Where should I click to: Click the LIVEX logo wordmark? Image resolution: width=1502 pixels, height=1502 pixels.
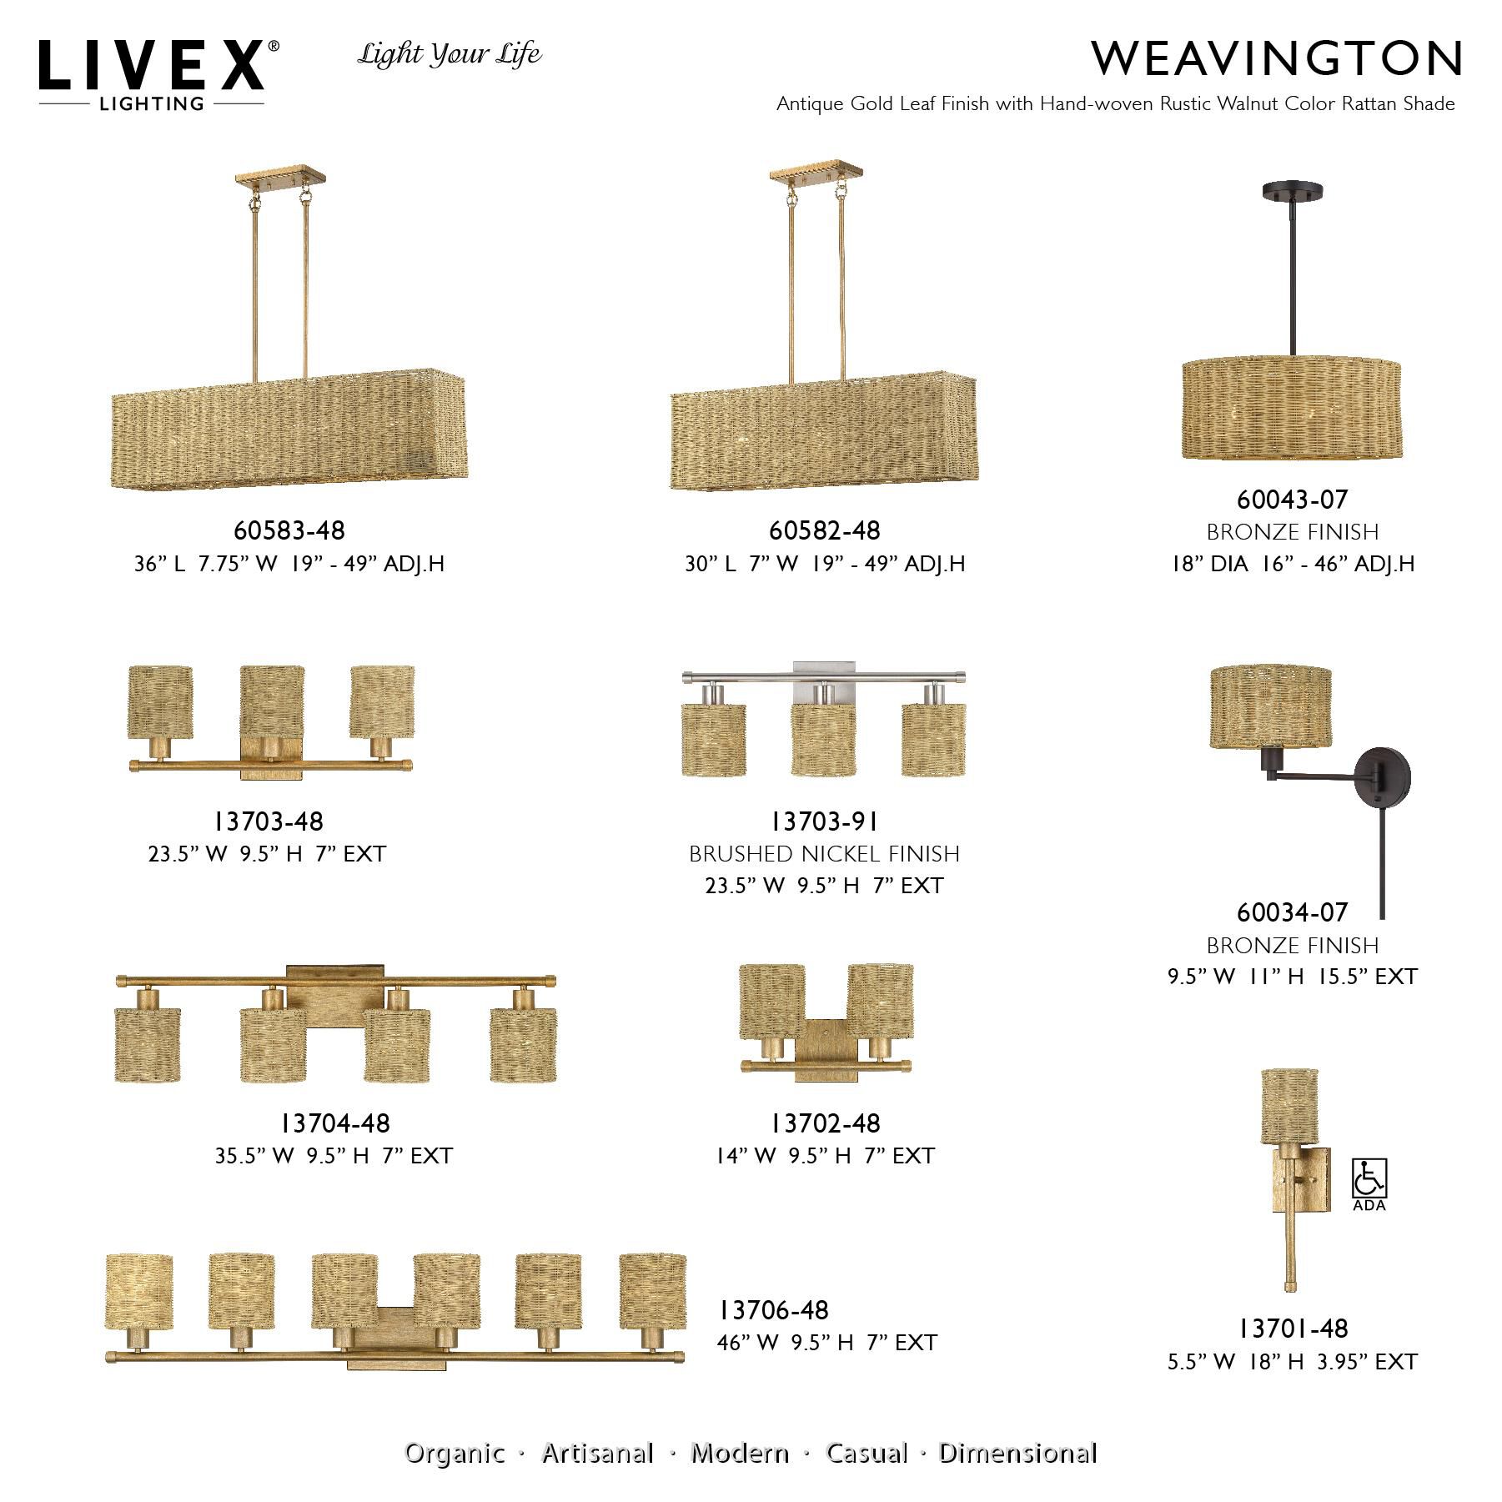tap(152, 67)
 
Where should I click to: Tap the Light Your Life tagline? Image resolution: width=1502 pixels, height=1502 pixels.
tap(450, 55)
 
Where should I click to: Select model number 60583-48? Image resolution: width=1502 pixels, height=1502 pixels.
tap(289, 530)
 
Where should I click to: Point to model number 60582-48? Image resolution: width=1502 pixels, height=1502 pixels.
tap(824, 530)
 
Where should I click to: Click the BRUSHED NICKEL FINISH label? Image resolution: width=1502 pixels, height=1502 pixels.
tap(824, 854)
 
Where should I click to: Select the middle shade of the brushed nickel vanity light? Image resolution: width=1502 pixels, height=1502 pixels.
tap(824, 740)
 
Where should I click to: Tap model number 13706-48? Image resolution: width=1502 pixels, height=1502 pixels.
tap(774, 1310)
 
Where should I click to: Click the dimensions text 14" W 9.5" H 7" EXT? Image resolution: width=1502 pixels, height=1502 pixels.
tap(824, 1156)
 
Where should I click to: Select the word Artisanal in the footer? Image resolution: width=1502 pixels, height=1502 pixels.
tap(597, 1454)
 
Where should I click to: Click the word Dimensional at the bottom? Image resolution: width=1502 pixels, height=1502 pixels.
tap(1017, 1454)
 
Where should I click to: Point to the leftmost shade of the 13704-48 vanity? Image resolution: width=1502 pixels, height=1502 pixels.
tap(148, 1044)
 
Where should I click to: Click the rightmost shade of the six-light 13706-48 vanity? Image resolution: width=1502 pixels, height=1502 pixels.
tap(652, 1292)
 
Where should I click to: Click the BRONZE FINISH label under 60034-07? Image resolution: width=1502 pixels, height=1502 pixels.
tap(1292, 945)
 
